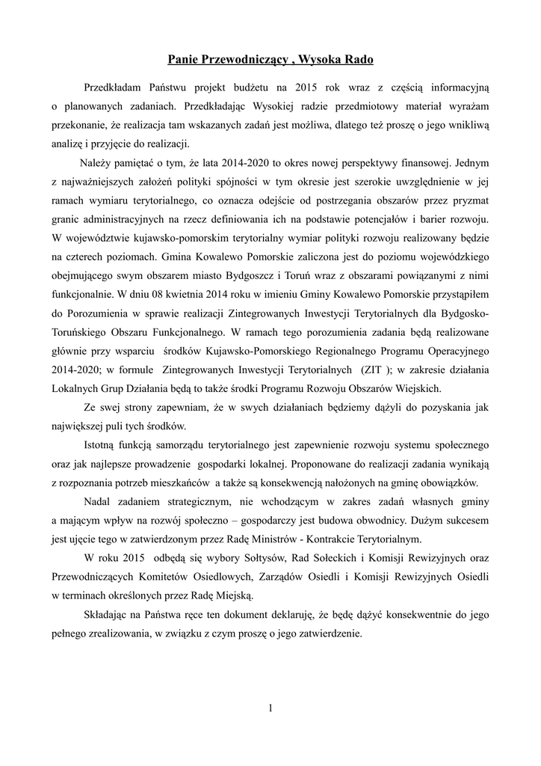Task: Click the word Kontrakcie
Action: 348,539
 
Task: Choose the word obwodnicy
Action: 377,519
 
